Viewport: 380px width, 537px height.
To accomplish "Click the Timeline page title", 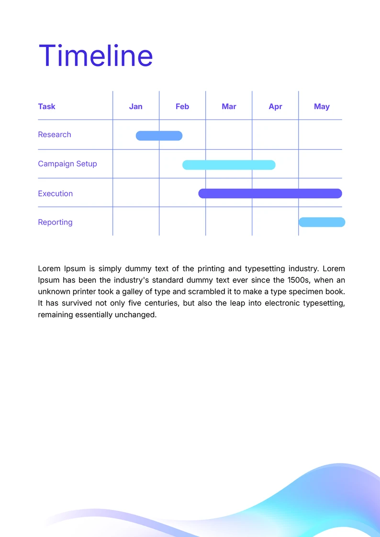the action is (x=96, y=56).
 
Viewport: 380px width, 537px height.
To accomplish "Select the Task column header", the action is (x=46, y=106).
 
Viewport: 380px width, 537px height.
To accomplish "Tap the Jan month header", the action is (x=135, y=106).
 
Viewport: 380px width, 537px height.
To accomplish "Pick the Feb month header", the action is (x=182, y=106).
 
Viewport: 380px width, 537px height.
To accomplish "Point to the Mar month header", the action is (x=229, y=106).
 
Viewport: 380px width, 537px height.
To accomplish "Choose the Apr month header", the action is (x=275, y=106).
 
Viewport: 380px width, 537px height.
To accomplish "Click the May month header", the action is (x=322, y=106).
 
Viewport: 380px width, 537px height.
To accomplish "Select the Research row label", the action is (x=55, y=134).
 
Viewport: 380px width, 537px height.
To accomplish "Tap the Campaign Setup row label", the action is (x=67, y=164).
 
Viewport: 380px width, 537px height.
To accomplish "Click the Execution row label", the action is (x=56, y=194).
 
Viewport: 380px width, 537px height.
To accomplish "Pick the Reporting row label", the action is (x=55, y=222).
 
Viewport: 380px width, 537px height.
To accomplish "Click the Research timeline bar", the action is (x=159, y=136).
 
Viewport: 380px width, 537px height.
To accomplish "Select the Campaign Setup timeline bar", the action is (x=229, y=165).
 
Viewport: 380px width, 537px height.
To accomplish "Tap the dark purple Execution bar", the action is (x=270, y=194).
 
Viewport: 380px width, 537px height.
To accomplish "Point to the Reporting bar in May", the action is (x=322, y=222).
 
